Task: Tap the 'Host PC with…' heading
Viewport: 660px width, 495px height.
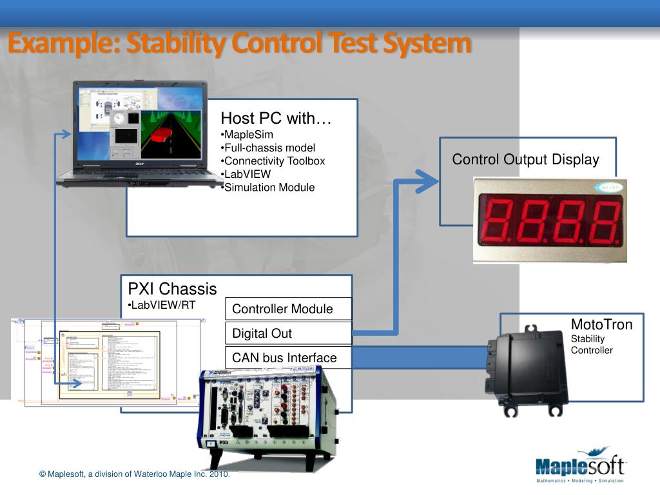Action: pyautogui.click(x=276, y=119)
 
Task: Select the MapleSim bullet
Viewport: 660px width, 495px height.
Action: pyautogui.click(x=247, y=135)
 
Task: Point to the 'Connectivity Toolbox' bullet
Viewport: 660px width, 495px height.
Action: pyautogui.click(x=273, y=161)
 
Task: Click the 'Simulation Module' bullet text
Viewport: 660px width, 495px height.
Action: pyautogui.click(x=268, y=188)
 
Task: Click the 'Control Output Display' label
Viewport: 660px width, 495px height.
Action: pyautogui.click(x=525, y=160)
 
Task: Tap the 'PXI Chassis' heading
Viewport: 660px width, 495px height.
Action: pyautogui.click(x=172, y=289)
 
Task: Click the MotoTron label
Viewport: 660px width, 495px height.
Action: pyautogui.click(x=601, y=324)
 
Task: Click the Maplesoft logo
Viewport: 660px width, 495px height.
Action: pyautogui.click(x=579, y=465)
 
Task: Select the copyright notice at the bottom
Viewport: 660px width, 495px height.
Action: pyautogui.click(x=134, y=474)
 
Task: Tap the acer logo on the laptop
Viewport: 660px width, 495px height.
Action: pyautogui.click(x=140, y=164)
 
